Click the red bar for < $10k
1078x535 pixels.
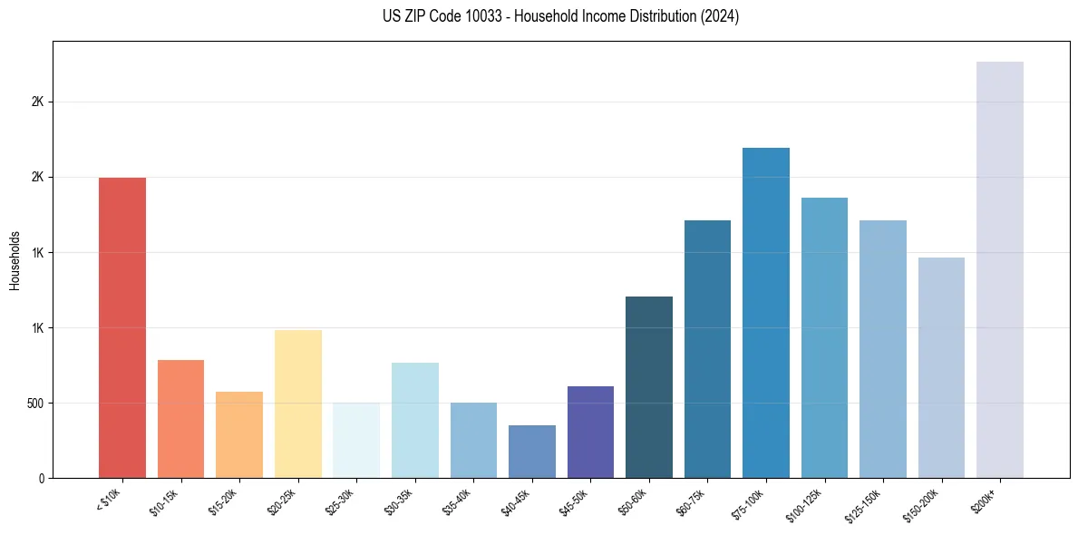pyautogui.click(x=122, y=327)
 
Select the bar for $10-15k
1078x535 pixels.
pyautogui.click(x=180, y=419)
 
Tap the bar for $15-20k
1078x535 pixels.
pyautogui.click(x=239, y=434)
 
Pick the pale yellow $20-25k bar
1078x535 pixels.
pyautogui.click(x=297, y=404)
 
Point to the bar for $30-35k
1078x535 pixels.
pyautogui.click(x=414, y=420)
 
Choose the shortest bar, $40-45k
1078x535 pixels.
pyautogui.click(x=532, y=452)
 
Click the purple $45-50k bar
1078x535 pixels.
pyautogui.click(x=590, y=432)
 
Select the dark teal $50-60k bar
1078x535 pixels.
pyautogui.click(x=649, y=387)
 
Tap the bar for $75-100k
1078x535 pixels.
pyautogui.click(x=766, y=313)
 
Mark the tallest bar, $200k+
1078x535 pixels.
pyautogui.click(x=1000, y=269)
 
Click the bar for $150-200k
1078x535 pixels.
pyautogui.click(x=941, y=367)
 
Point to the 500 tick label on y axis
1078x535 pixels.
pyautogui.click(x=35, y=403)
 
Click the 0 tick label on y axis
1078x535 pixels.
pyautogui.click(x=42, y=478)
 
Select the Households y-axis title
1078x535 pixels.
pyautogui.click(x=15, y=259)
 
